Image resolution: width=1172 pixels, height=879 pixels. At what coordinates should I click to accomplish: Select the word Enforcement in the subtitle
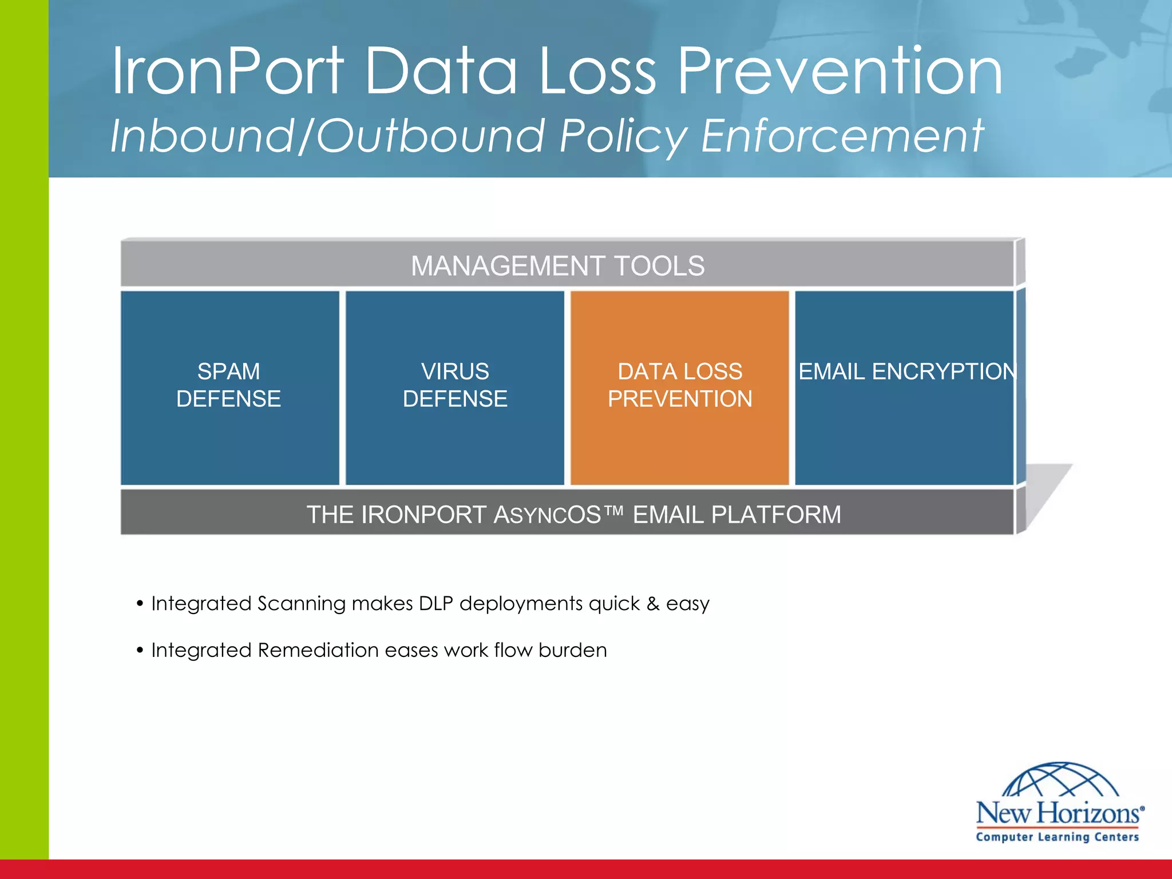pos(842,136)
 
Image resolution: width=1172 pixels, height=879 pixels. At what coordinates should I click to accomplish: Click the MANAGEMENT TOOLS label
pos(557,266)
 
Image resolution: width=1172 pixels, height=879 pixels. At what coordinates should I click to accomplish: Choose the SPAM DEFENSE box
pos(229,386)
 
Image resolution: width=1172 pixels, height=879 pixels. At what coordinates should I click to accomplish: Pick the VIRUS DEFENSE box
pos(455,386)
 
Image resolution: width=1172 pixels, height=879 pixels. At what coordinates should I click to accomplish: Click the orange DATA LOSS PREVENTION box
pos(680,386)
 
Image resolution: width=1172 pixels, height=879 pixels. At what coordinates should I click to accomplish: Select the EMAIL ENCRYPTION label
pos(906,372)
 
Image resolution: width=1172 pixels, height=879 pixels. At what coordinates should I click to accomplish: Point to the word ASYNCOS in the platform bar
pos(547,515)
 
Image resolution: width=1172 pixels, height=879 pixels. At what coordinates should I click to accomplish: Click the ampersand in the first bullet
pos(653,604)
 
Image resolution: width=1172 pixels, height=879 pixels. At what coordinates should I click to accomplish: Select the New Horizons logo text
pos(1059,813)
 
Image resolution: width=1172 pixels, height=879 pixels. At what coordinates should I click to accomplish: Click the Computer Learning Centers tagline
pos(1057,837)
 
